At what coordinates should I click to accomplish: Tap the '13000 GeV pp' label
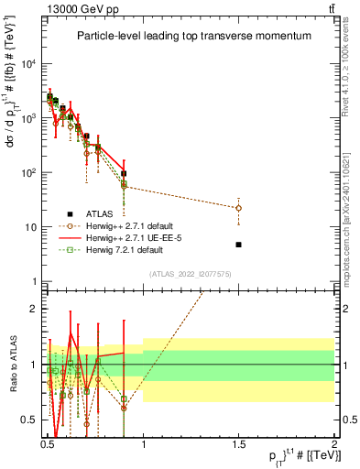tap(82, 8)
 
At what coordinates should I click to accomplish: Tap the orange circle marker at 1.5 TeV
tap(238, 208)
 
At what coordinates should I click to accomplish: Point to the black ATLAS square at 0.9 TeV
tap(124, 173)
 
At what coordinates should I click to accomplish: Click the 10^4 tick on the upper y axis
tap(29, 63)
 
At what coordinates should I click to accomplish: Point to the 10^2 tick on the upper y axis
tap(29, 172)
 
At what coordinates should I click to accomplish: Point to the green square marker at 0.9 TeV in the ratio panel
tap(124, 399)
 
